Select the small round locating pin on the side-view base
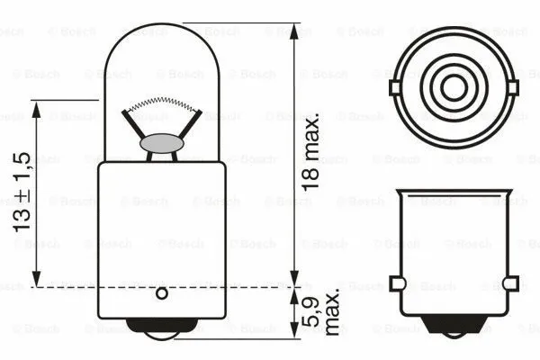pos(162,292)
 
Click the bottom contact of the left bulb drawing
pos(162,328)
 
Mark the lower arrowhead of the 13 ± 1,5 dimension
pos(36,280)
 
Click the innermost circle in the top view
pos(454,87)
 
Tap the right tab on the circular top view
pos(514,87)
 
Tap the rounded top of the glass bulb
pos(162,27)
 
